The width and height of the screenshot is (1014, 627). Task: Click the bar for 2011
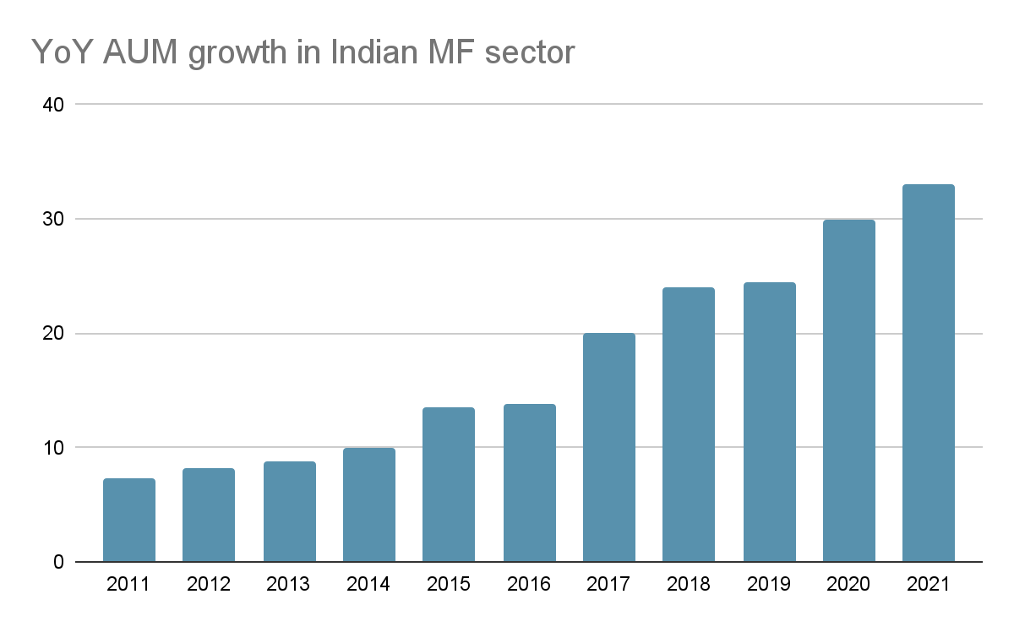(128, 520)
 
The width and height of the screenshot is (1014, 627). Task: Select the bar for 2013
(289, 511)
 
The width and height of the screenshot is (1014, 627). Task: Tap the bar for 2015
(449, 484)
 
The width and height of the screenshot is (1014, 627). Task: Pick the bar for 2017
(609, 447)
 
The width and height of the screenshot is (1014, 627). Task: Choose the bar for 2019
(769, 422)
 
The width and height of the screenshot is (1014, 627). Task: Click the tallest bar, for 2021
(928, 373)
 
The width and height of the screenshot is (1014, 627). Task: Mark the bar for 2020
(849, 390)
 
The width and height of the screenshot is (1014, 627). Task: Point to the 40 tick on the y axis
(53, 105)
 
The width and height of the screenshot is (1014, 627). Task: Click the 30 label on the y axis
(53, 219)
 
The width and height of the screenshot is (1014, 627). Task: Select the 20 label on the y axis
(53, 334)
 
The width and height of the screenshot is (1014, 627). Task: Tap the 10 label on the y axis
(53, 448)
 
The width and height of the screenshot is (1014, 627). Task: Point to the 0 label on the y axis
(58, 562)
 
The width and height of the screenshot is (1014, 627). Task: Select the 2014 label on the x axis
(368, 585)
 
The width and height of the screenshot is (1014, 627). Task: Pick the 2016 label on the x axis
(529, 585)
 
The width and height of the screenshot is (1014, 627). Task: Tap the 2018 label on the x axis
(689, 585)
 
